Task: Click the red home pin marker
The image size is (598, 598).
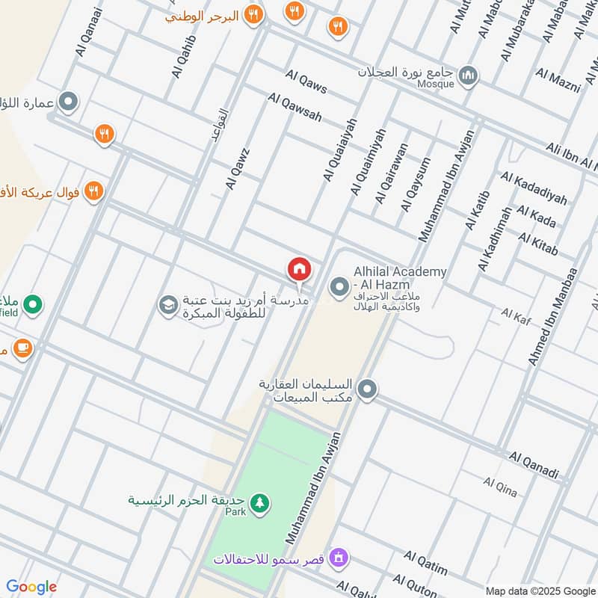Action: tap(299, 268)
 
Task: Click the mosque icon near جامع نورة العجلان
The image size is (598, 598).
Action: tap(468, 75)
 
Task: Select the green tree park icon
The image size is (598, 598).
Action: tap(259, 502)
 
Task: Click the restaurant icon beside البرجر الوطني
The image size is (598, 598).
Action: tap(254, 14)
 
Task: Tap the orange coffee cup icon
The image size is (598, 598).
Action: tap(22, 348)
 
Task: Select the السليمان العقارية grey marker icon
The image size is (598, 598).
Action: tap(366, 389)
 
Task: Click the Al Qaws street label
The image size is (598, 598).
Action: tap(306, 81)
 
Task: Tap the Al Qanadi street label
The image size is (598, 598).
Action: tap(534, 464)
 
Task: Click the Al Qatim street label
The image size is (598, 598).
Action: tap(425, 563)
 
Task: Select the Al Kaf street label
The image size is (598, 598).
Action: tap(517, 316)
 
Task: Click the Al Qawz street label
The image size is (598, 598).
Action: tap(237, 167)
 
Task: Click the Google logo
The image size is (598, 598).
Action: tap(31, 587)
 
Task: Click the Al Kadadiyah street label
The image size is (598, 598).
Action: tap(534, 188)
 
